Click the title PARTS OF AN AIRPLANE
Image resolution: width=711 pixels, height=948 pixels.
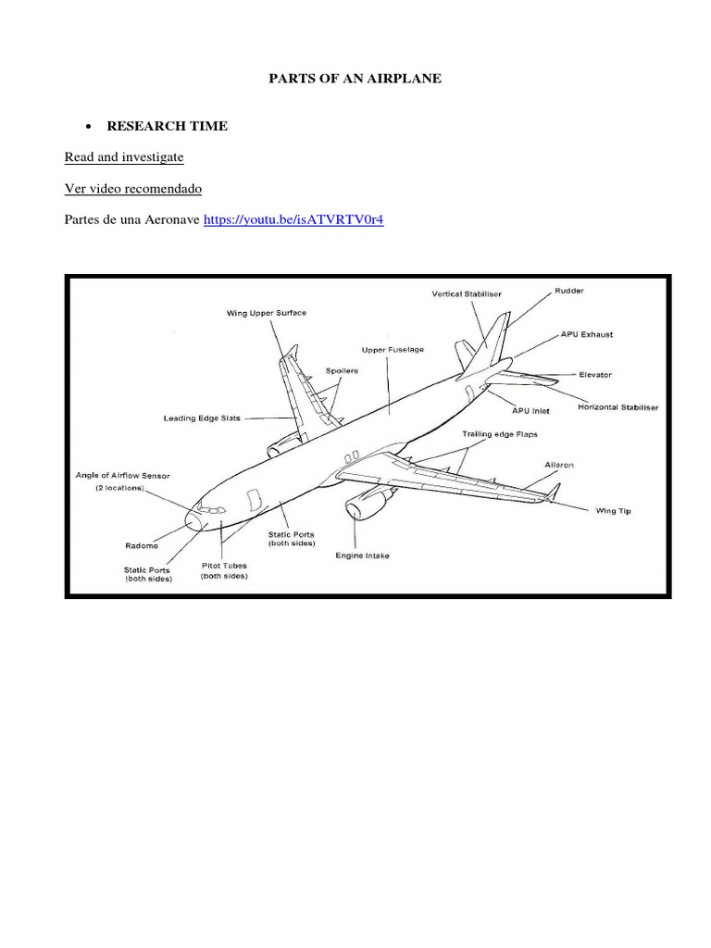coord(355,79)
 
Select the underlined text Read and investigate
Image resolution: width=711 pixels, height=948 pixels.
coord(124,157)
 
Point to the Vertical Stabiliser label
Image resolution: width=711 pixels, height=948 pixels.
coord(467,294)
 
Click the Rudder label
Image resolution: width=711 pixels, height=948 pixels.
coord(568,290)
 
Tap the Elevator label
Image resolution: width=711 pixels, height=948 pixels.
coord(594,375)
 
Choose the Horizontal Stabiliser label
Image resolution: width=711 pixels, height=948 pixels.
coord(618,407)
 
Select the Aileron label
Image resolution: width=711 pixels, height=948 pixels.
coord(553,465)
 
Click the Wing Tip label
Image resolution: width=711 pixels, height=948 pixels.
coord(613,510)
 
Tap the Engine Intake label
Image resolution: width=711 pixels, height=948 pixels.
coord(362,555)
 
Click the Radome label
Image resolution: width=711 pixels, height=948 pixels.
coord(142,545)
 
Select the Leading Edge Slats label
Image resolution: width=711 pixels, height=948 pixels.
coord(202,418)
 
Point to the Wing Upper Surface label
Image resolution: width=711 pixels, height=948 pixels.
coord(267,313)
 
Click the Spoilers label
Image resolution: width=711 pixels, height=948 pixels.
coord(341,370)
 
